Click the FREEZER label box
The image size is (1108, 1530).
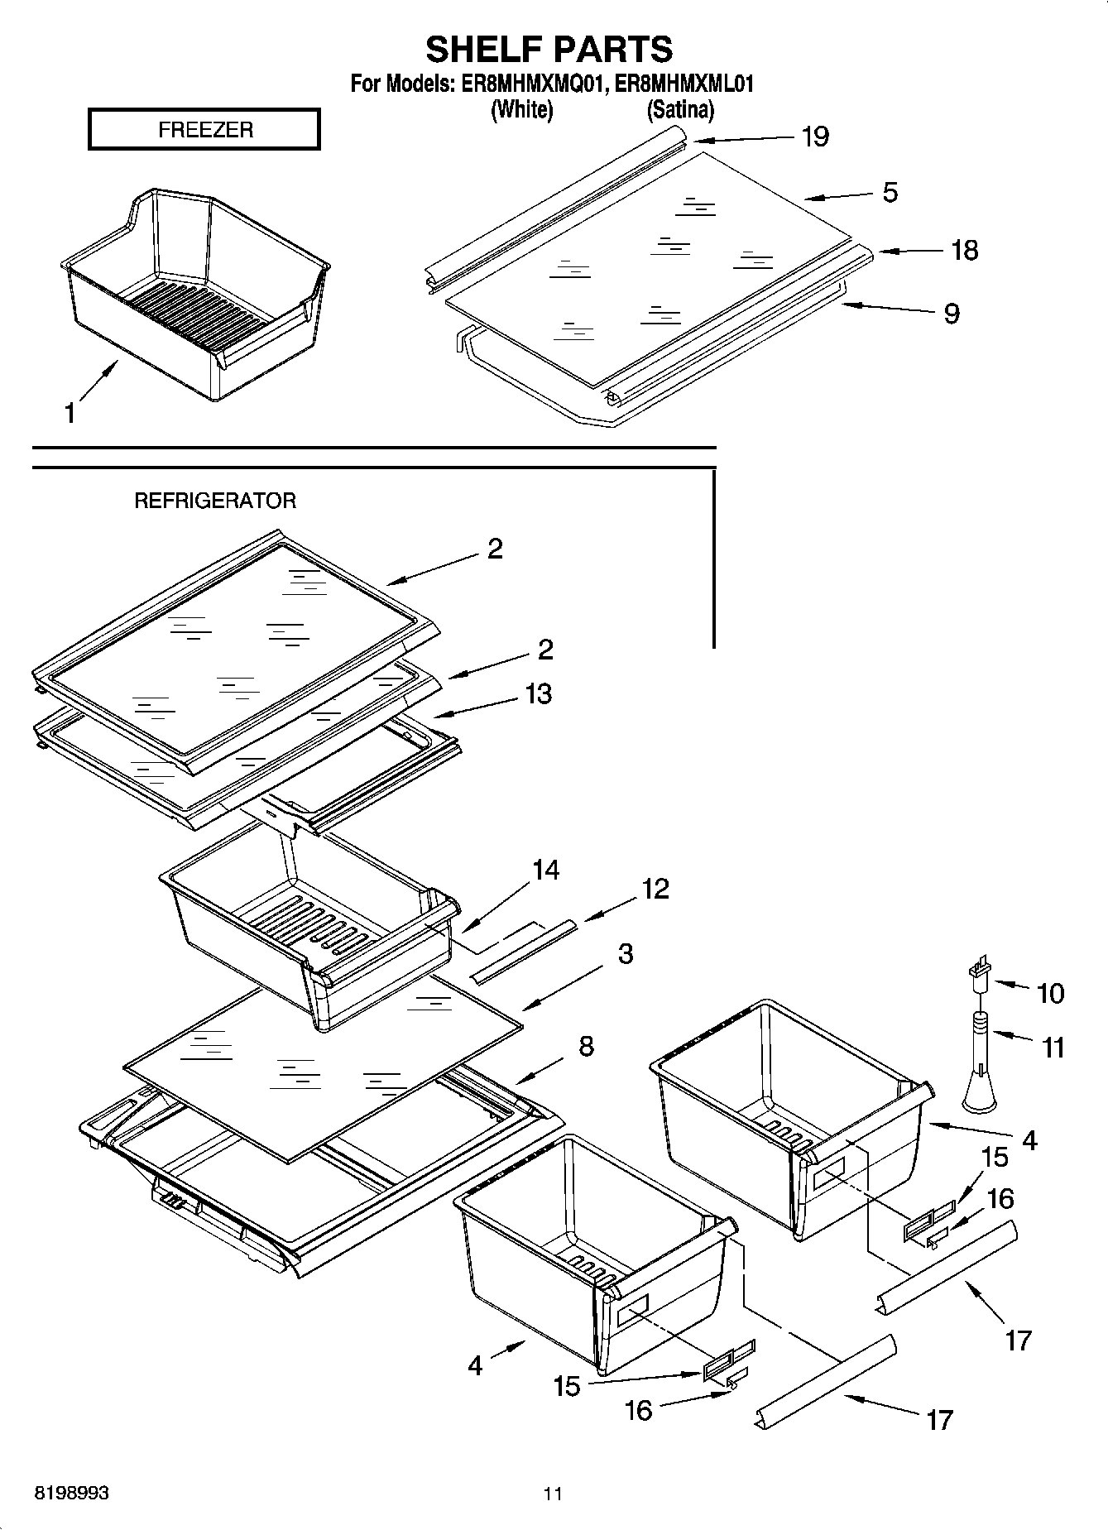(x=204, y=130)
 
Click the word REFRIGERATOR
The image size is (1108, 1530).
(x=215, y=501)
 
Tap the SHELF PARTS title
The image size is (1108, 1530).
(x=549, y=50)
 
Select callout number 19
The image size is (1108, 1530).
(x=815, y=137)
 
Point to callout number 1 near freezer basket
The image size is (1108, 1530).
(x=70, y=413)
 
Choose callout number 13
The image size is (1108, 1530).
(x=538, y=693)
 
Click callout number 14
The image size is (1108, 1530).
(x=545, y=870)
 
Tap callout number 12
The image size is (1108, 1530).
(x=655, y=889)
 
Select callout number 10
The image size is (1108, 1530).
(x=1050, y=992)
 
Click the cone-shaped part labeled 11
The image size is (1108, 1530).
(x=980, y=1067)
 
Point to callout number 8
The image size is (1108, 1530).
(x=586, y=1046)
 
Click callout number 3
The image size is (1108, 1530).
(x=626, y=953)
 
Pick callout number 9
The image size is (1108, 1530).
(x=952, y=314)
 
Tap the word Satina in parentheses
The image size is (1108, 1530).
(x=679, y=109)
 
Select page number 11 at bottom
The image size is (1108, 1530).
(x=553, y=1494)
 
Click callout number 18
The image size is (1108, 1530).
(x=964, y=250)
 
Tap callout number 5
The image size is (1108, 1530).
(x=890, y=192)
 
